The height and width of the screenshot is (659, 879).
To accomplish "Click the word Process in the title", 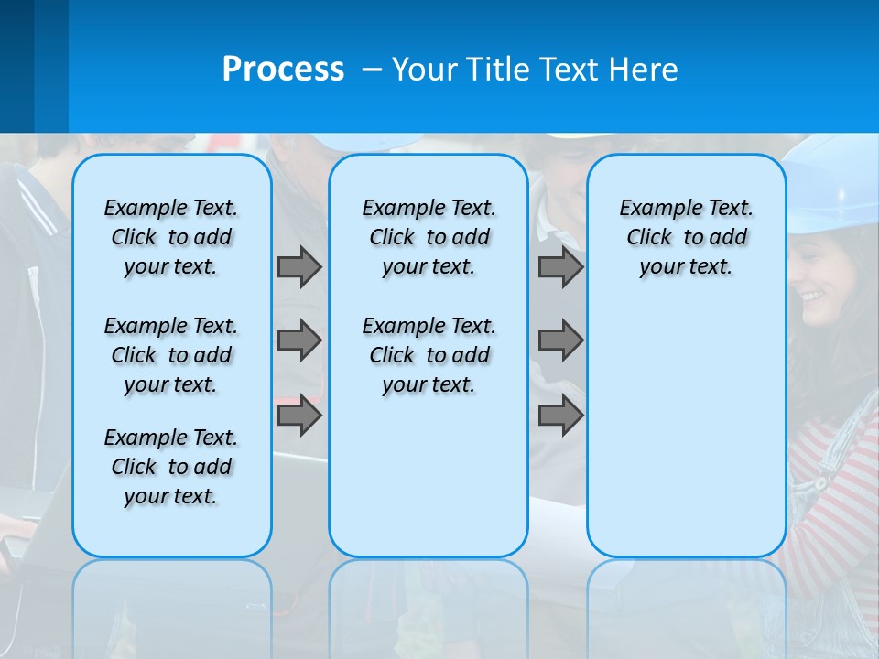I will click(283, 70).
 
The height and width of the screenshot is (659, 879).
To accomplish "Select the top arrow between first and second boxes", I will click(299, 266).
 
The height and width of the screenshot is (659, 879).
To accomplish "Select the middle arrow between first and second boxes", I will click(299, 340).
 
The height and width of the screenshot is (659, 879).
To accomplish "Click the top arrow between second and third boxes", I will click(560, 266).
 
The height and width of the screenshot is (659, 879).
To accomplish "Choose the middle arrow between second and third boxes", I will click(560, 340).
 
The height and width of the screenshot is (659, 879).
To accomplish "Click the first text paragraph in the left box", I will click(171, 237).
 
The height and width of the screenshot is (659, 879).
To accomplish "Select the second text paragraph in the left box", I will click(171, 355).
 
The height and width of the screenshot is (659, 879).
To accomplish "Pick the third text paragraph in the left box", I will click(171, 467).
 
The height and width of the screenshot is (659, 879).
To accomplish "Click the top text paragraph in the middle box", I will click(429, 237).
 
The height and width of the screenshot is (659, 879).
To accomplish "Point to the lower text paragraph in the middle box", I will click(429, 355).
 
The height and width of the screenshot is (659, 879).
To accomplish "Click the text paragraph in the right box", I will click(686, 237).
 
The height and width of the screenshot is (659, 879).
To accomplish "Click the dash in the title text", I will click(372, 70).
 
